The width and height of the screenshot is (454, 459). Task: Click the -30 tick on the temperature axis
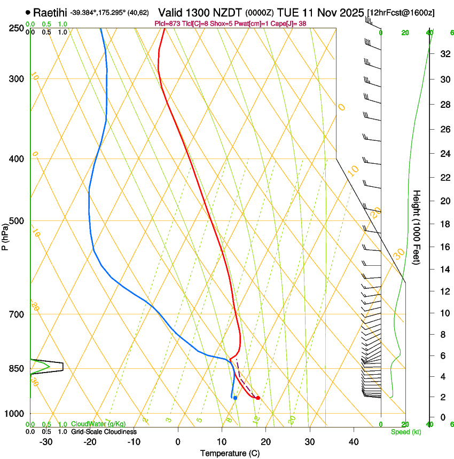(46, 442)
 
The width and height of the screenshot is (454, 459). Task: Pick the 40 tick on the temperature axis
(353, 442)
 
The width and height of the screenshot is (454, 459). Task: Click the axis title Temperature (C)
(230, 453)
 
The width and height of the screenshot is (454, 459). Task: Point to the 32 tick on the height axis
(444, 54)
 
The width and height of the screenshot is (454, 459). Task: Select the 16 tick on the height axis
(444, 247)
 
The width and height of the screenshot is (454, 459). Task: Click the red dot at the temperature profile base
(258, 398)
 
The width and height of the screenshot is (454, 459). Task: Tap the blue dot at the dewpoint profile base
(235, 398)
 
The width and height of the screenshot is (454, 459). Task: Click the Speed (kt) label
(405, 432)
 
